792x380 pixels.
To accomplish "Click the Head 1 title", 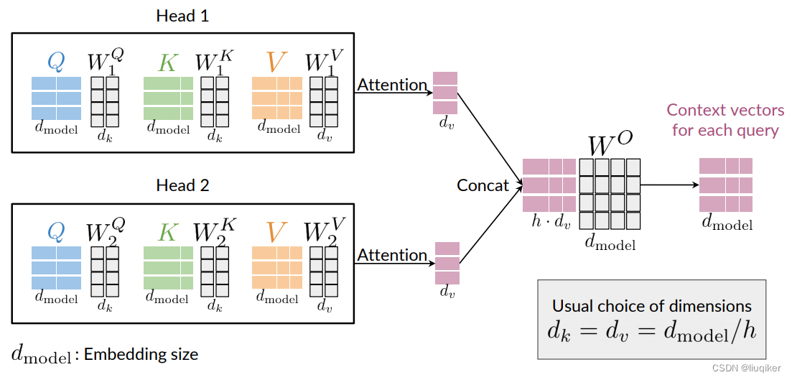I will click(x=182, y=15).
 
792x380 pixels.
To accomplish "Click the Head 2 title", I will click(x=182, y=185).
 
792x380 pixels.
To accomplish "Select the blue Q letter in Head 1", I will click(x=55, y=62).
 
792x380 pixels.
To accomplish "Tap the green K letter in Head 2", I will click(x=167, y=232).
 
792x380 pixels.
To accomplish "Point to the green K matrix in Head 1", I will click(x=168, y=98).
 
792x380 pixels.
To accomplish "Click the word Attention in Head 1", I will click(x=392, y=85).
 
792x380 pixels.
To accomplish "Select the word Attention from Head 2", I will click(x=392, y=255).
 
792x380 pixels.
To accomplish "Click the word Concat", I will click(x=483, y=185).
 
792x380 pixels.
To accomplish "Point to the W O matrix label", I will click(x=610, y=144).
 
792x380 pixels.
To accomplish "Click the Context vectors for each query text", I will click(x=725, y=120).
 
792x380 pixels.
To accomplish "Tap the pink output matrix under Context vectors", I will click(x=725, y=185).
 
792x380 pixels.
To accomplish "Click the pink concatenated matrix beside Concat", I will click(x=549, y=185).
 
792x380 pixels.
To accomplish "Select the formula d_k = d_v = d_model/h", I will click(x=651, y=331).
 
